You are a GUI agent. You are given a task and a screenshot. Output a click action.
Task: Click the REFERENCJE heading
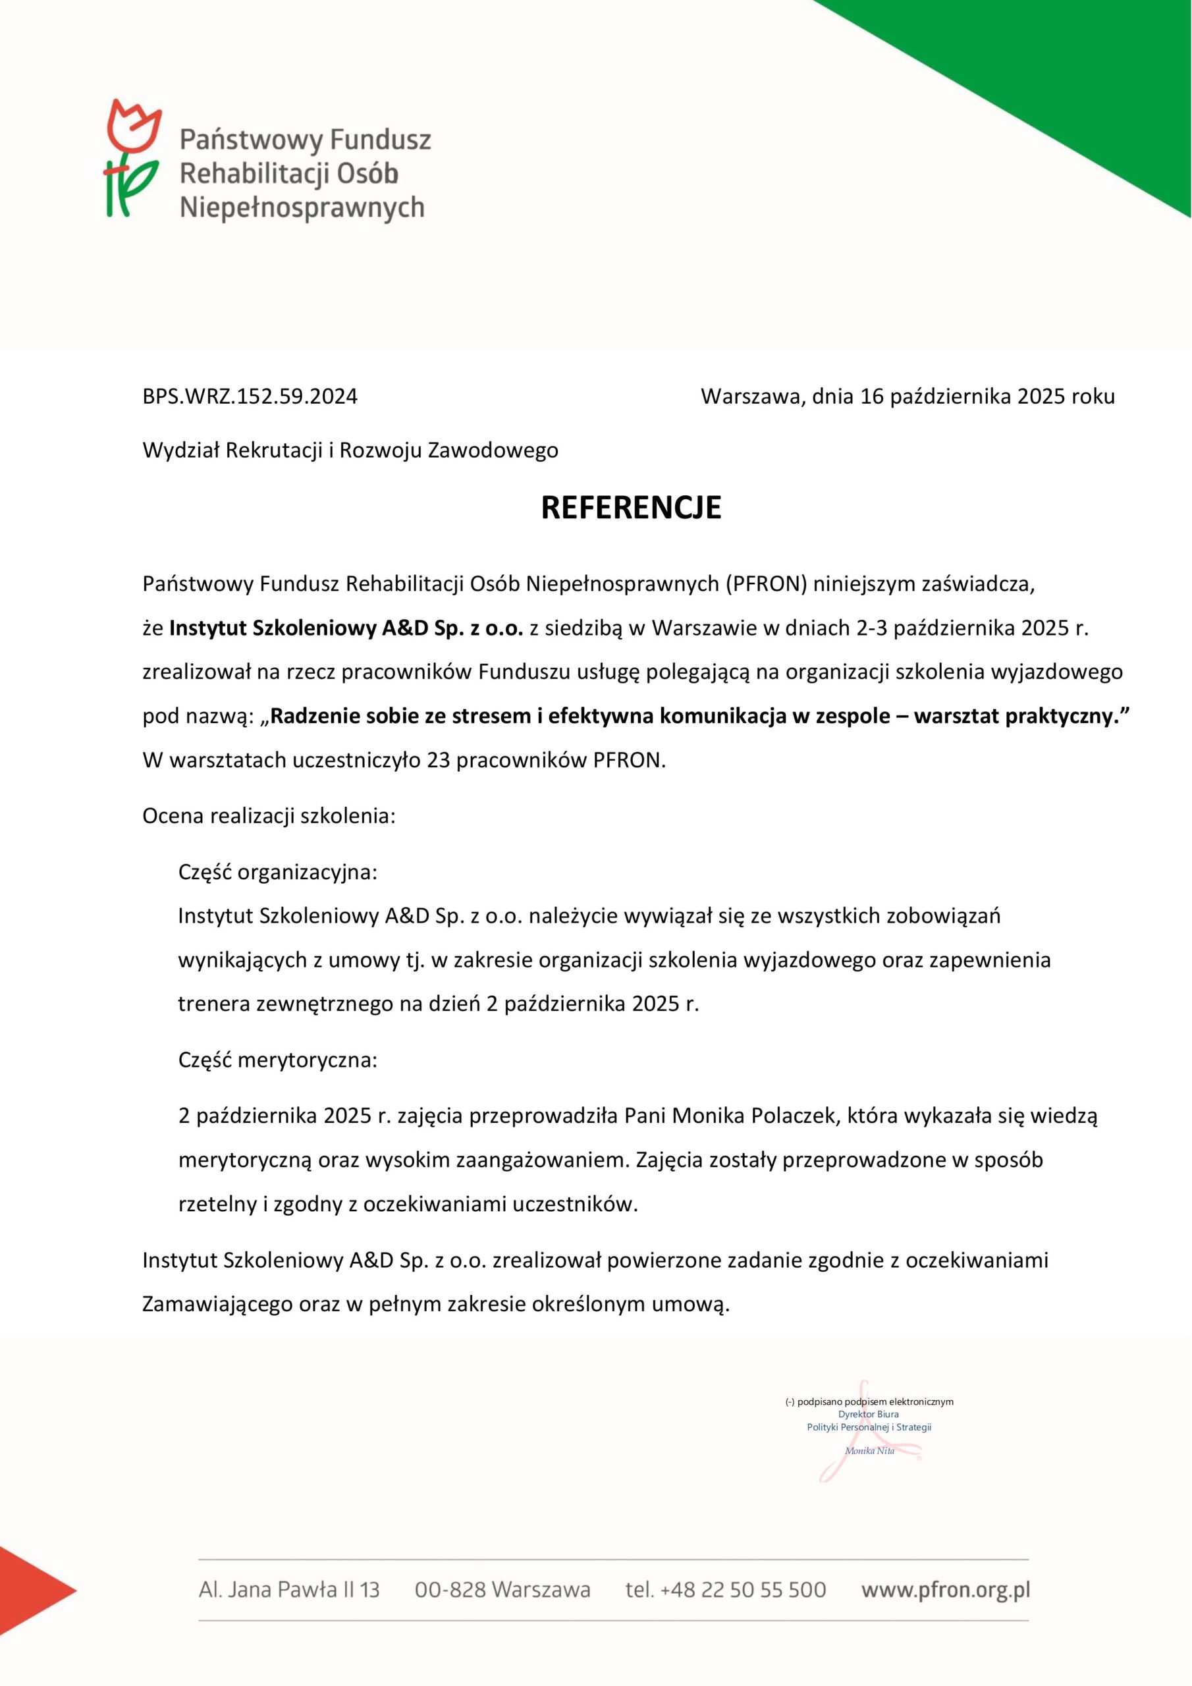631,508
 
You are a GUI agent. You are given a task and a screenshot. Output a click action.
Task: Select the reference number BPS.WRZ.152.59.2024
250,397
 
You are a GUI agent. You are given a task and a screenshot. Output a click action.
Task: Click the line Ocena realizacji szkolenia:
269,817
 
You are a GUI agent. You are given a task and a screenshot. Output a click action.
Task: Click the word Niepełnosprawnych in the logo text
302,208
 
